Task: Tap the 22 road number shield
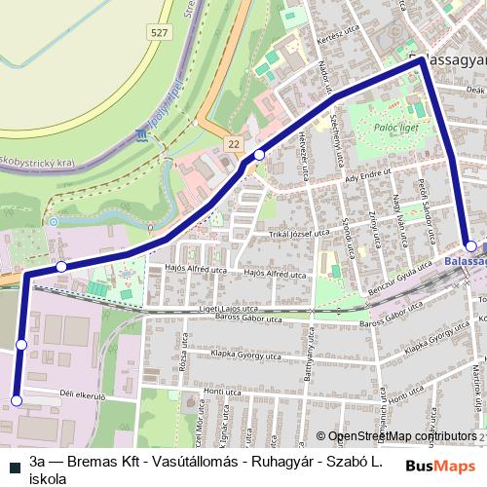click(x=234, y=143)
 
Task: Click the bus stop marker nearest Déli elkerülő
click(x=17, y=427)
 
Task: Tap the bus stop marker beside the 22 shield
click(x=259, y=155)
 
